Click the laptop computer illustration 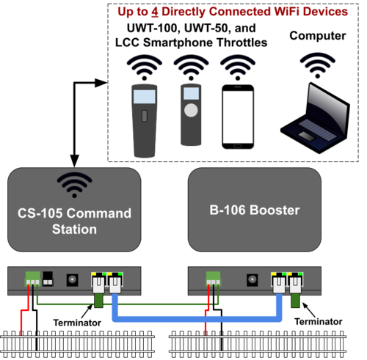[x=316, y=118]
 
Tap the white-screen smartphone [x=238, y=117]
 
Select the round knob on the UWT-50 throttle [x=191, y=110]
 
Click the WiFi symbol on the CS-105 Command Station [x=74, y=185]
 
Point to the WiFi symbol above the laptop [x=318, y=65]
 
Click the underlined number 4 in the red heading [x=154, y=12]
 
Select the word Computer [x=318, y=36]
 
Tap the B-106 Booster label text [x=255, y=210]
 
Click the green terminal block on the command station [x=32, y=279]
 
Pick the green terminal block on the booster [x=213, y=279]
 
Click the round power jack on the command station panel [x=72, y=280]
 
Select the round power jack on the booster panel [x=252, y=280]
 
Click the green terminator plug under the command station [x=98, y=301]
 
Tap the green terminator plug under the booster [x=295, y=301]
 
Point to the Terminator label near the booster [x=318, y=322]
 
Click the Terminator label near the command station [x=77, y=323]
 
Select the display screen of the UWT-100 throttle [x=145, y=96]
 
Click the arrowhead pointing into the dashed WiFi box [x=101, y=83]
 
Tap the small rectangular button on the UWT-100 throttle [x=145, y=116]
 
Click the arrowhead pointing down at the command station [x=74, y=161]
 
